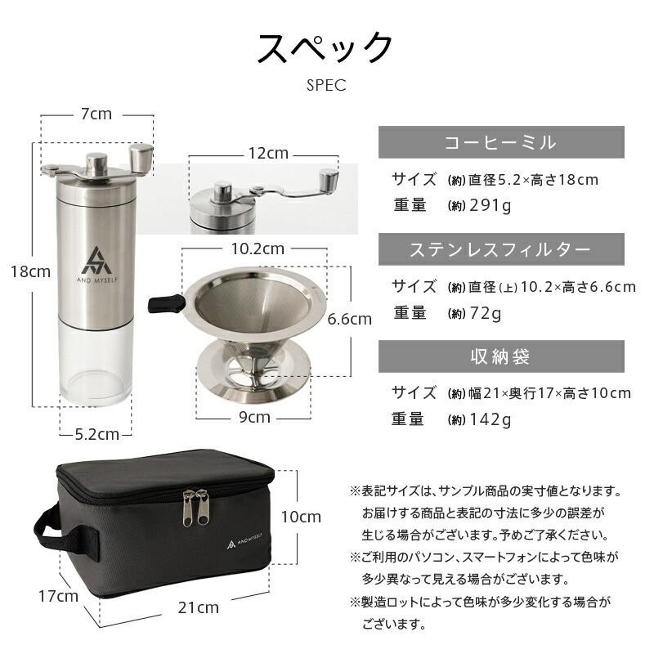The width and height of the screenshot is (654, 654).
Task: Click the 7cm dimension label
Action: pyautogui.click(x=96, y=114)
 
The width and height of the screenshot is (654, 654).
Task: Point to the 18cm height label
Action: pyautogui.click(x=30, y=271)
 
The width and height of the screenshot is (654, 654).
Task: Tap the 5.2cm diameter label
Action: pyautogui.click(x=97, y=434)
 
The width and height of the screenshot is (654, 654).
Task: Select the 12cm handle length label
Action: pyautogui.click(x=269, y=153)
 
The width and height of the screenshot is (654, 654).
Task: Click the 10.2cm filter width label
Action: pyautogui.click(x=258, y=249)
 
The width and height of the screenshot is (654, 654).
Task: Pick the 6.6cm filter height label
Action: pyautogui.click(x=350, y=319)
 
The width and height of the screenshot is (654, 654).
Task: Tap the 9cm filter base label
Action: pyautogui.click(x=254, y=417)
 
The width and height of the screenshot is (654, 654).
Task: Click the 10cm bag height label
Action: pyautogui.click(x=301, y=517)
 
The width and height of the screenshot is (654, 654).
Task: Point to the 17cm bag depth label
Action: pyautogui.click(x=58, y=596)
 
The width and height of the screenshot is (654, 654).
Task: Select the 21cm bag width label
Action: pyautogui.click(x=199, y=607)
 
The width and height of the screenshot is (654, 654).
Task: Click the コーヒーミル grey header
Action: pyautogui.click(x=501, y=142)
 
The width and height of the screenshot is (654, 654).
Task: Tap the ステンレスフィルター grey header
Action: pyautogui.click(x=501, y=249)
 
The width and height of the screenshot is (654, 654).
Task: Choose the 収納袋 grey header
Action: pyautogui.click(x=501, y=356)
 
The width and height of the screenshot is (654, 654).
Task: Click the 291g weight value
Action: pyautogui.click(x=490, y=205)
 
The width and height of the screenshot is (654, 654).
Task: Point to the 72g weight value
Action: pyautogui.click(x=486, y=313)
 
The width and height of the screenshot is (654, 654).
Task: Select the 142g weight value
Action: pyautogui.click(x=490, y=419)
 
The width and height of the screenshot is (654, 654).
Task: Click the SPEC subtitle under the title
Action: pyautogui.click(x=326, y=85)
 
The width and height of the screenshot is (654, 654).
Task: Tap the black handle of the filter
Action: pyautogui.click(x=166, y=303)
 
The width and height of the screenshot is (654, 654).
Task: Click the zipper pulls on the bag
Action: pyautogui.click(x=195, y=507)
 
